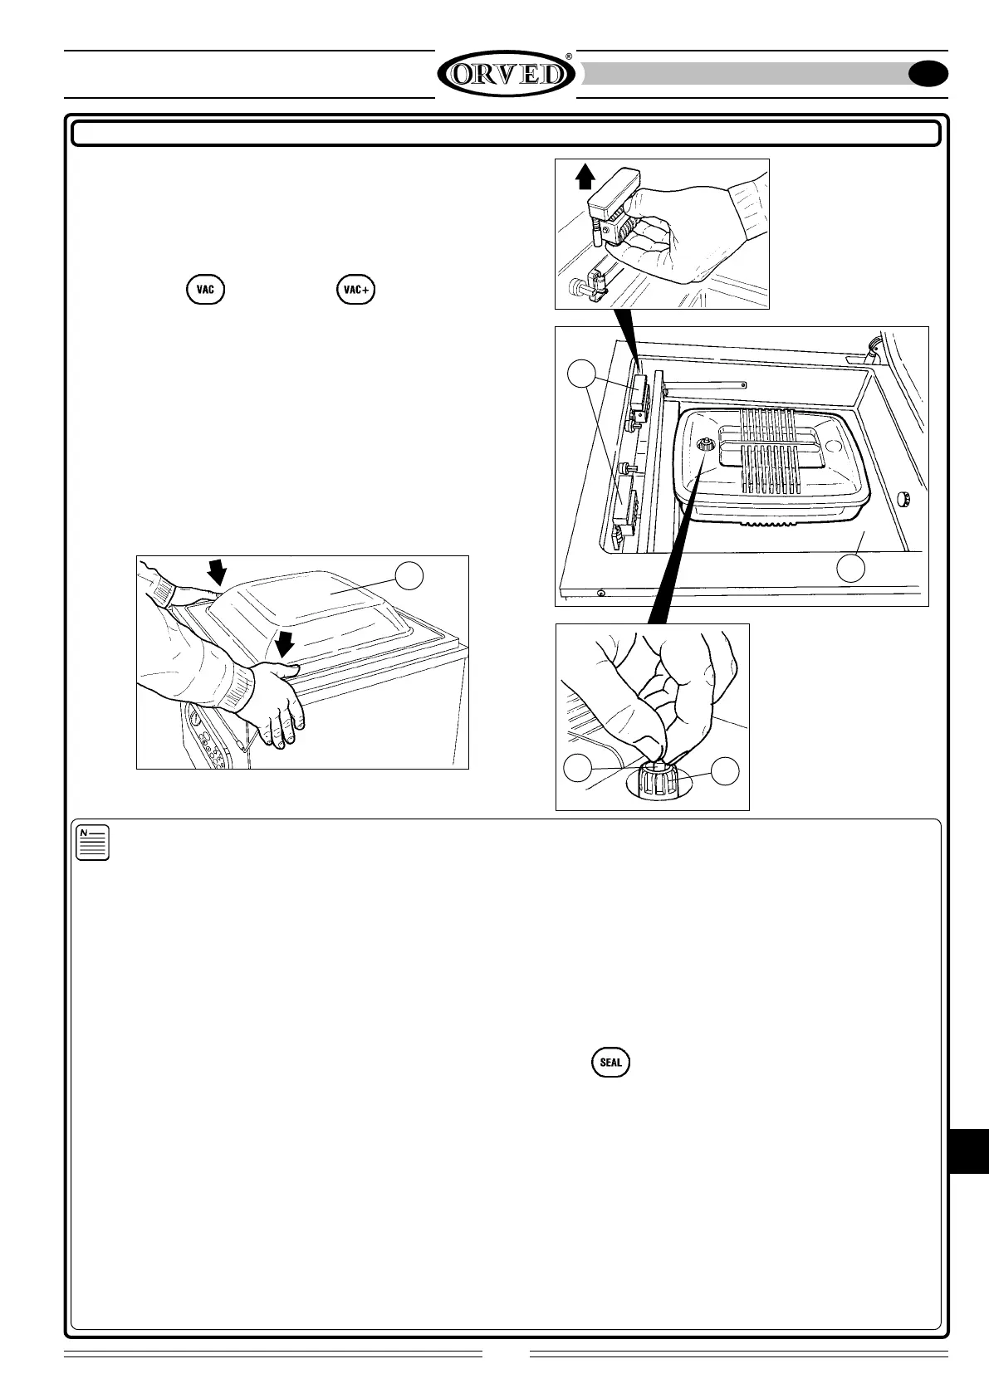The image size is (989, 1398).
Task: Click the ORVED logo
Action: (506, 75)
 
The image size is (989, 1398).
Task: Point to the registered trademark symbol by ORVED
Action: (569, 56)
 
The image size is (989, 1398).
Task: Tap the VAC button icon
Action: (205, 290)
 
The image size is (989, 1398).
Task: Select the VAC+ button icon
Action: (356, 290)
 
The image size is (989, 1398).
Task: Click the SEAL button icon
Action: (610, 1062)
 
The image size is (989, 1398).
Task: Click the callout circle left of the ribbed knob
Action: (578, 769)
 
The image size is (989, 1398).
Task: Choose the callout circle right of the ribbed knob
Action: (726, 770)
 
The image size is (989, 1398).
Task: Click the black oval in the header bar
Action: (928, 75)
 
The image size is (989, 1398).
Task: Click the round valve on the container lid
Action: (704, 446)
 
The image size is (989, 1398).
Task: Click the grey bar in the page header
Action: (747, 74)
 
